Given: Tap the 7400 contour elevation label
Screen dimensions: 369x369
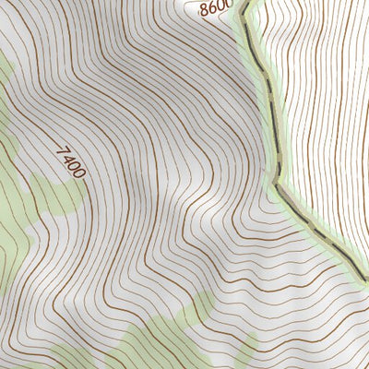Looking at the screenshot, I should tap(71, 161).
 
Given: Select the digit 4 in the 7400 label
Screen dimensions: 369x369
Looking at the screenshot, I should tap(67, 157).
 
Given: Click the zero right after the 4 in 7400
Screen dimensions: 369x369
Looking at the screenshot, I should tap(74, 165).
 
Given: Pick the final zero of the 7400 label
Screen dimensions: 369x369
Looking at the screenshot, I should tap(80, 173).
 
